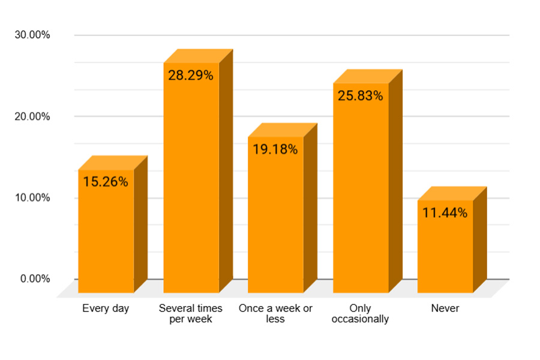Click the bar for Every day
(106, 234)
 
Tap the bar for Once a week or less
(275, 222)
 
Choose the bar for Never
(445, 249)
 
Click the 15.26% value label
(106, 182)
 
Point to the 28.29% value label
(191, 76)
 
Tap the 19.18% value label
(275, 149)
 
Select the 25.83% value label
(360, 96)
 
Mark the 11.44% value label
(445, 212)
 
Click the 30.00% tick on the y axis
(32, 35)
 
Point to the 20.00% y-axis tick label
(32, 116)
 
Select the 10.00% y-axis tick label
(32, 197)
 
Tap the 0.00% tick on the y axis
(35, 279)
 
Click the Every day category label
(106, 308)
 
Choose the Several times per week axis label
(191, 314)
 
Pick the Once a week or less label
(275, 314)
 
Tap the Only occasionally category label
(360, 314)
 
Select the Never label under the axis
(445, 308)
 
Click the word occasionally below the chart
(360, 319)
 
